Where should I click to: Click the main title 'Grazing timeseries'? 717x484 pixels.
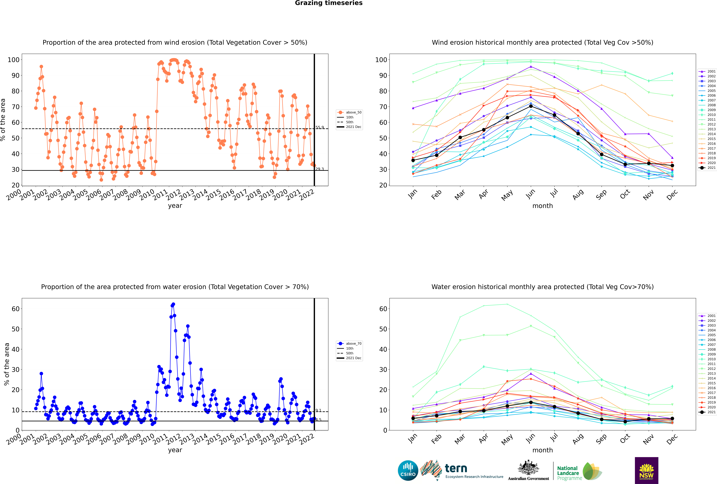(x=329, y=3)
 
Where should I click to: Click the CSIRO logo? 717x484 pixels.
(x=408, y=470)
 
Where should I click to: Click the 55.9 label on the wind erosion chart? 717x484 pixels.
(x=320, y=127)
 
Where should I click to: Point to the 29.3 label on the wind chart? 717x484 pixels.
(x=320, y=169)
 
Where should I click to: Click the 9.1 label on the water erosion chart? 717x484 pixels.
(x=318, y=411)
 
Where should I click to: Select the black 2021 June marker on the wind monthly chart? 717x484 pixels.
(x=531, y=106)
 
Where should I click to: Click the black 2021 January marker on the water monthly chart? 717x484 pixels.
(x=413, y=418)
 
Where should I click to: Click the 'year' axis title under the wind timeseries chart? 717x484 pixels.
(x=175, y=206)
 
